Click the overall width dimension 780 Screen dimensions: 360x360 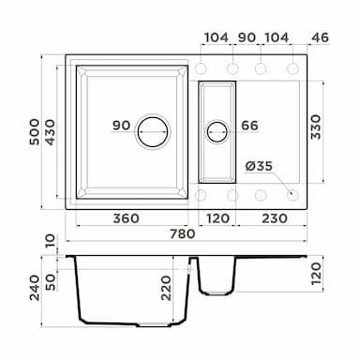click(x=182, y=233)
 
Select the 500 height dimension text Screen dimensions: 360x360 click(x=35, y=132)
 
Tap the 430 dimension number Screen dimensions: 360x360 click(x=50, y=132)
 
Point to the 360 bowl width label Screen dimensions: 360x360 click(x=127, y=218)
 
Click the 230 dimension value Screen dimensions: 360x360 click(x=275, y=218)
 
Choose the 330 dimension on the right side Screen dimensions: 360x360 click(x=316, y=127)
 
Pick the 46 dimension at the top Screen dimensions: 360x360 click(x=321, y=37)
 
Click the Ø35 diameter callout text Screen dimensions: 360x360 click(x=259, y=166)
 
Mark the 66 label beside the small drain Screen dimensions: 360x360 click(x=249, y=126)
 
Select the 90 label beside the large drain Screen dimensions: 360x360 click(x=121, y=126)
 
